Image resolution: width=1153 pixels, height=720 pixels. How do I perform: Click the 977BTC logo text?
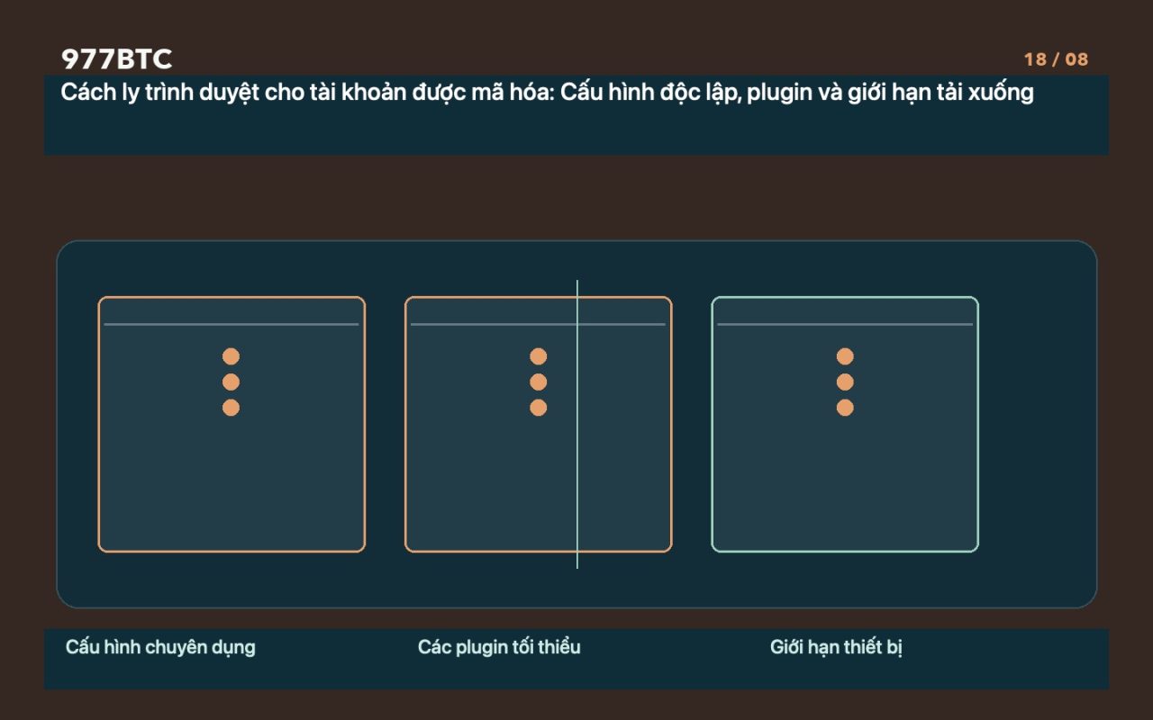tap(116, 58)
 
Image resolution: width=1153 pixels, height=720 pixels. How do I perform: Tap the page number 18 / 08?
tap(1056, 59)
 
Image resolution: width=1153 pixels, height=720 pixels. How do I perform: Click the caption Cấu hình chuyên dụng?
tap(160, 647)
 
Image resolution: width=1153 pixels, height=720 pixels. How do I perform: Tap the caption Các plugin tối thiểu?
tap(499, 647)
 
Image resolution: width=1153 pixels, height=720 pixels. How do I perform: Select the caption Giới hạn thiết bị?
tap(836, 647)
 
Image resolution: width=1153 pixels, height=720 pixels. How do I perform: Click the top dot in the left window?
tap(231, 356)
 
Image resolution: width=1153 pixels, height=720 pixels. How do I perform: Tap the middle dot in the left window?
tap(231, 382)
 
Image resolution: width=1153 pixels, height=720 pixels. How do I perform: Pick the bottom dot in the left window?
tap(231, 408)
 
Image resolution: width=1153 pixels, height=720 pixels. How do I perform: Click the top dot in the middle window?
tap(538, 356)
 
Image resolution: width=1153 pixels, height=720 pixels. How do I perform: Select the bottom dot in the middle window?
tap(538, 408)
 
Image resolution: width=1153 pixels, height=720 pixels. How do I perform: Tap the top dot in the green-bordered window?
tap(845, 356)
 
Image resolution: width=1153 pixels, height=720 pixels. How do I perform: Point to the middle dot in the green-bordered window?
tap(845, 382)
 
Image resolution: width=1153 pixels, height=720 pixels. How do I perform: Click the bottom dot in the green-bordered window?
tap(845, 408)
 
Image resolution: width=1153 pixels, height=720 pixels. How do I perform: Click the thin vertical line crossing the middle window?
tap(577, 424)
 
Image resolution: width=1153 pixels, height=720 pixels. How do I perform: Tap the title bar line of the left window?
tap(232, 325)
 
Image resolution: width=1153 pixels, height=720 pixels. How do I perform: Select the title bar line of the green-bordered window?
tap(845, 325)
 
